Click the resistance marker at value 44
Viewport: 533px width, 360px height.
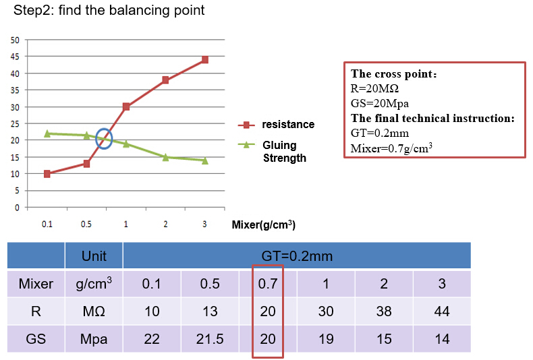(x=204, y=60)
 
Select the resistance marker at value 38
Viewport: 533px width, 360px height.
(x=165, y=80)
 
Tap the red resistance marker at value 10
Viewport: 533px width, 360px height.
(x=47, y=174)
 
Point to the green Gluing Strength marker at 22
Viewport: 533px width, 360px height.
(x=47, y=133)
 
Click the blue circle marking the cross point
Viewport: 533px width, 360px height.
(x=105, y=139)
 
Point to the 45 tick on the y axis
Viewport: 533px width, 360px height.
(x=15, y=57)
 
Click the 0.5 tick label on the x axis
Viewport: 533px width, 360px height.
(x=86, y=224)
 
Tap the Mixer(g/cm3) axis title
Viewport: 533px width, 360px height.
(x=263, y=224)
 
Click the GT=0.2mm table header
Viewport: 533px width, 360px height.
(x=297, y=256)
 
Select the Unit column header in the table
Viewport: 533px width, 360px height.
(x=94, y=256)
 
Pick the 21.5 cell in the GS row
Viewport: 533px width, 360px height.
(x=210, y=339)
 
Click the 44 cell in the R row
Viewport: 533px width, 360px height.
(x=442, y=311)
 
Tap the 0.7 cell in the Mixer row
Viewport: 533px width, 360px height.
(x=268, y=284)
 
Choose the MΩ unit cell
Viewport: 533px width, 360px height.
(x=94, y=311)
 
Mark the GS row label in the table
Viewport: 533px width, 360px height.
(x=36, y=339)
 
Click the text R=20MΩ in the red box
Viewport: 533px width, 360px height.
(x=375, y=88)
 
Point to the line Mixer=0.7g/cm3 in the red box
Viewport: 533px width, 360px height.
(x=391, y=148)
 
